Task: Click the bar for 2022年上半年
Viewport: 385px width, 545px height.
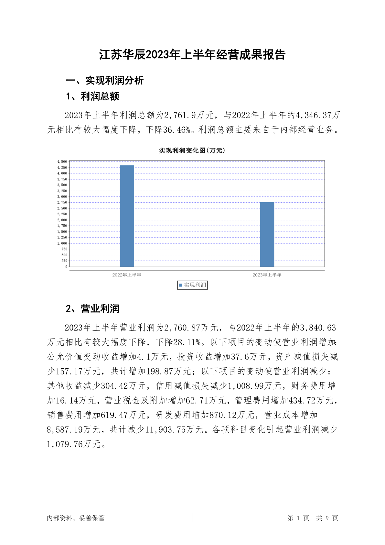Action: (x=127, y=216)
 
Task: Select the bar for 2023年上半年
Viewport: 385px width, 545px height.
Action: (x=267, y=234)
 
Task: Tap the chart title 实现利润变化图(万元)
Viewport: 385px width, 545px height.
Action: (x=192, y=150)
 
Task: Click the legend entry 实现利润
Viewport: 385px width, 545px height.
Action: (x=193, y=285)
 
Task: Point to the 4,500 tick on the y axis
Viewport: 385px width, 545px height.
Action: (x=62, y=161)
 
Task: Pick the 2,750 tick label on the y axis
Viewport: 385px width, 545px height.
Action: (x=62, y=203)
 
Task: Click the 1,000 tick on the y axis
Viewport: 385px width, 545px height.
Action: (x=62, y=243)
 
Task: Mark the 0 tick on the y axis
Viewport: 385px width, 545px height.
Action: (x=66, y=267)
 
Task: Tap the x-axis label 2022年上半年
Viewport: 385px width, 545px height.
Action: (x=127, y=275)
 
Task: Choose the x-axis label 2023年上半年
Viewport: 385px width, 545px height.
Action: (x=267, y=275)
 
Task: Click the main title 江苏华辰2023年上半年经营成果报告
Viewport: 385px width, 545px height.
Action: (x=192, y=55)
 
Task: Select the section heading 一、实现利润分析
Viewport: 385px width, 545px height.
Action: (x=105, y=81)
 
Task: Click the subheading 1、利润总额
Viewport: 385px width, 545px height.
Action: (x=93, y=96)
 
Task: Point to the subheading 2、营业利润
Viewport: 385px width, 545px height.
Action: (x=93, y=309)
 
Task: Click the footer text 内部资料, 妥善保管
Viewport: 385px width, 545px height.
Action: (x=76, y=518)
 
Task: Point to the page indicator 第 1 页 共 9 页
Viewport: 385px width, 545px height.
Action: (x=312, y=518)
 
